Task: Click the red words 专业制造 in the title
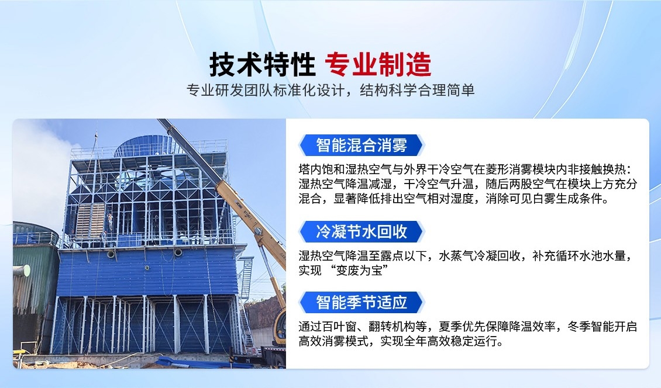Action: coord(378,64)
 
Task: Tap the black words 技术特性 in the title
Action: coord(263,64)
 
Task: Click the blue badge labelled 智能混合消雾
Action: coord(361,145)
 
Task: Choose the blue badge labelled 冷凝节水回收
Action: coord(361,231)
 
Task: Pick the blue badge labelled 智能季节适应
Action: coord(361,303)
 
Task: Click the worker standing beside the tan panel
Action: coord(109,221)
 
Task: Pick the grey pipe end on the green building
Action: coord(21,271)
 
